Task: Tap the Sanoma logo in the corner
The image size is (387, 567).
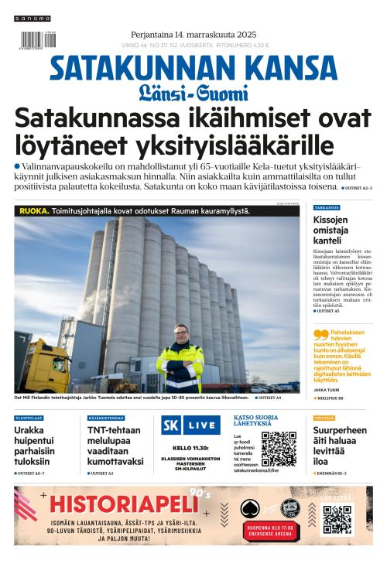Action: pos(32,18)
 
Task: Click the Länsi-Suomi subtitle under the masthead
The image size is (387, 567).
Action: pos(193,94)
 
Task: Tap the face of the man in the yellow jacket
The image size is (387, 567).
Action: pos(180,334)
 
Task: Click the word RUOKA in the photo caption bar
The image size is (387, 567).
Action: pos(33,210)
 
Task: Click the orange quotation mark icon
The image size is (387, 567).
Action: pos(320,335)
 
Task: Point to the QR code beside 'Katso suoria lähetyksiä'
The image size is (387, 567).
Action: pos(279,449)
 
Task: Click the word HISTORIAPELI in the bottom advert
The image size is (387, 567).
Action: pos(124,504)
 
